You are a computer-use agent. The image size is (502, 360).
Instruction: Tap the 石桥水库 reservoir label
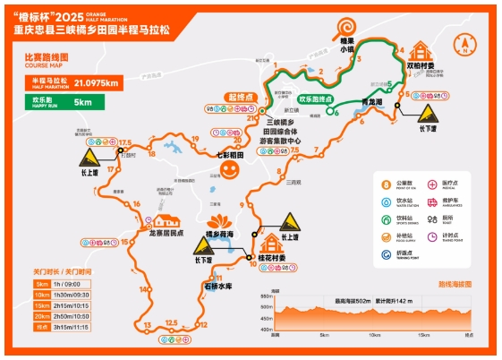(x=217, y=286)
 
